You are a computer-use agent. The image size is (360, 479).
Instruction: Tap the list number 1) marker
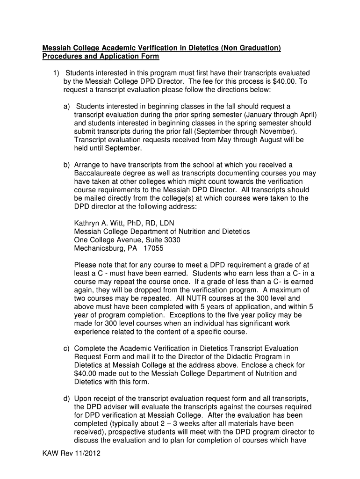pos(56,73)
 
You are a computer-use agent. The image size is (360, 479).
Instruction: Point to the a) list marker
pos(67,107)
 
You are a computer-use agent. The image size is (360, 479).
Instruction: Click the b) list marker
pos(67,164)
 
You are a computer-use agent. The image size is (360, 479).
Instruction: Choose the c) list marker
pos(67,348)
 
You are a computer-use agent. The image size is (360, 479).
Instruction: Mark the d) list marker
pos(67,398)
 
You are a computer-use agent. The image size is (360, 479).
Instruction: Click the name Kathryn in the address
pos(87,223)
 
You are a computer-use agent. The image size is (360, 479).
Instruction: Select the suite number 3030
pos(170,240)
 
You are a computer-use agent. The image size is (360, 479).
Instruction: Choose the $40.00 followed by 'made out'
pos(87,374)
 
